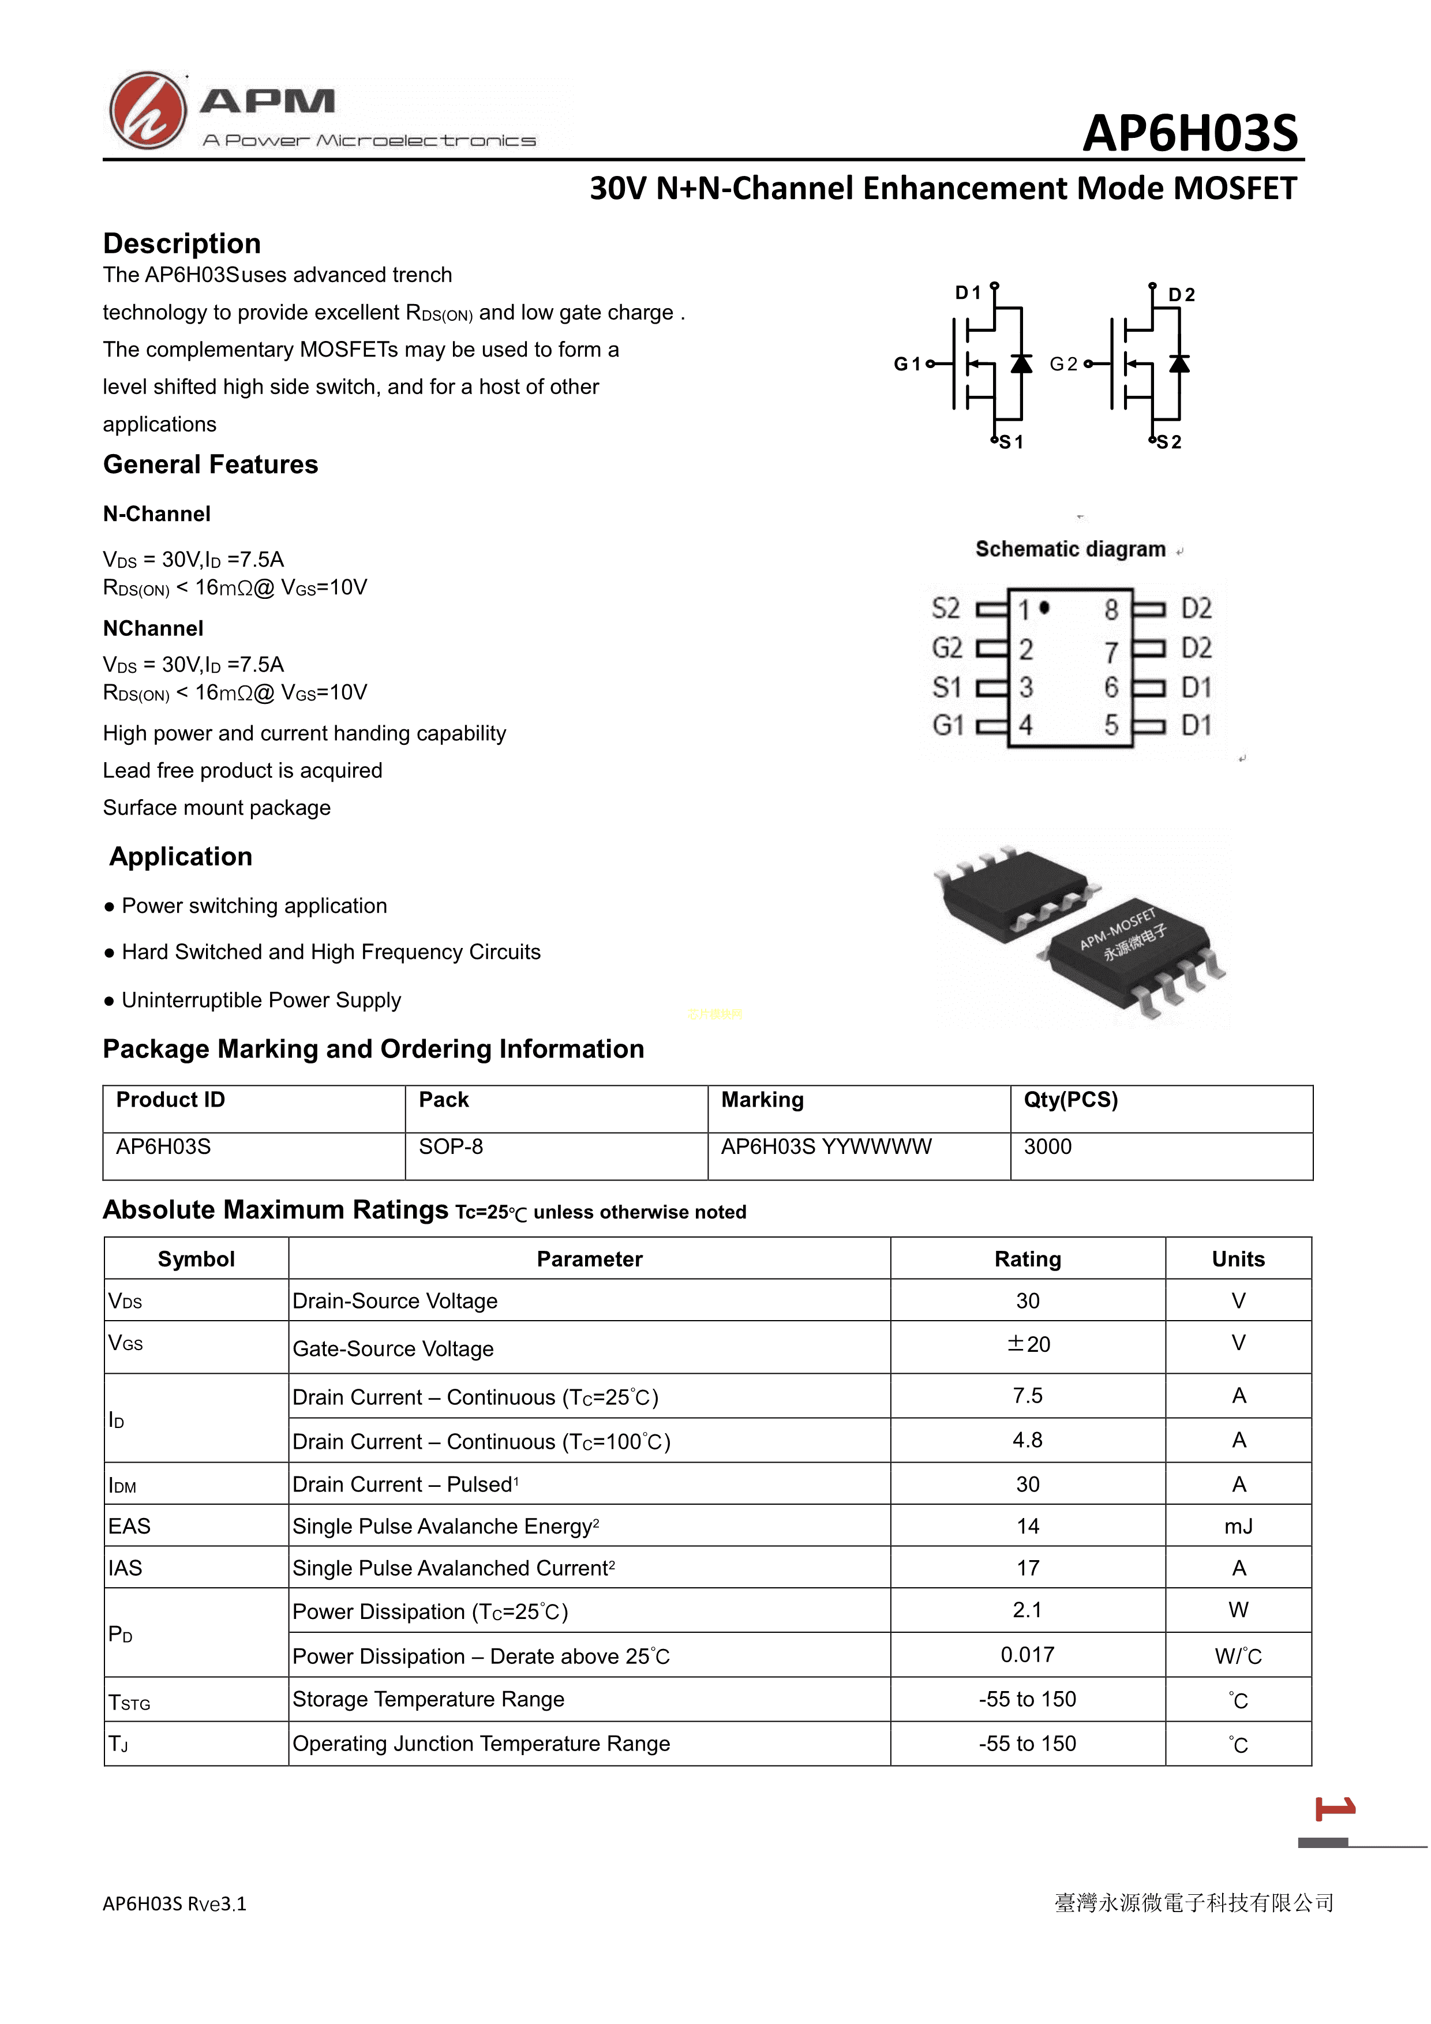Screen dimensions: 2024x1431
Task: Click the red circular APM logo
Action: [x=147, y=110]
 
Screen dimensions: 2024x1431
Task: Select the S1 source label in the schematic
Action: [x=1012, y=443]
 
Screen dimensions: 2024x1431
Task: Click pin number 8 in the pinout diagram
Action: [x=1111, y=609]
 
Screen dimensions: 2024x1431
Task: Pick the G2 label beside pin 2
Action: [x=947, y=648]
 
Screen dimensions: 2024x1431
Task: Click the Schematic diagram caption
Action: [x=1070, y=549]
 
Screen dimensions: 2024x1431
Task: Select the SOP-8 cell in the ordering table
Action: [x=451, y=1147]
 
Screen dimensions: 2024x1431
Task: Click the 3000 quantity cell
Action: [x=1047, y=1147]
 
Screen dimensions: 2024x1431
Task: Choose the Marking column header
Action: [x=762, y=1100]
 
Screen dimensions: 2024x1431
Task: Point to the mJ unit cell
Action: [x=1238, y=1527]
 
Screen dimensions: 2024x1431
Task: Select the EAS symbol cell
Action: [x=130, y=1527]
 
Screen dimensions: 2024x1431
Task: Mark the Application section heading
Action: [x=181, y=857]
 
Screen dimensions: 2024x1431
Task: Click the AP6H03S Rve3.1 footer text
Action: [x=175, y=1904]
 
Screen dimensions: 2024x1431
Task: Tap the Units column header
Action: [x=1238, y=1260]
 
